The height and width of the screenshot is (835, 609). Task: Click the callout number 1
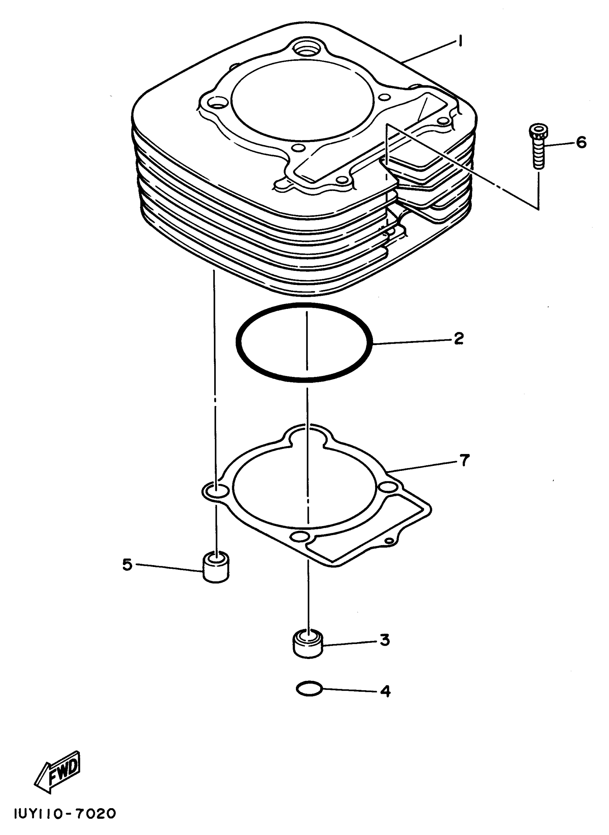460,41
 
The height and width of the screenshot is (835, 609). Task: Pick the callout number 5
127,564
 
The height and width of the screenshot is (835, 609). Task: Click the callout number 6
581,142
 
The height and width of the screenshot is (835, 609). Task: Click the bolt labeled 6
538,148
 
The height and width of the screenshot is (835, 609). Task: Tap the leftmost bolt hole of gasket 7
216,491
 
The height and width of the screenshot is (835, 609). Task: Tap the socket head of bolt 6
538,131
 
